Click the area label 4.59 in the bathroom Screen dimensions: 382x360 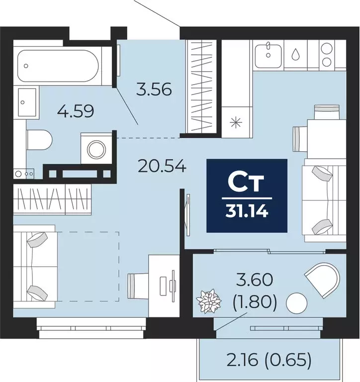pos(76,109)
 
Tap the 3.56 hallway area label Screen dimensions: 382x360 pos(154,90)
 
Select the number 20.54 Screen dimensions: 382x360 pos(162,166)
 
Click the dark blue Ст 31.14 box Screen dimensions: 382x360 pos(247,195)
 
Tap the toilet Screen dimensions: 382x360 pos(39,139)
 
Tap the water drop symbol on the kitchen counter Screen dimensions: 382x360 pos(295,53)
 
